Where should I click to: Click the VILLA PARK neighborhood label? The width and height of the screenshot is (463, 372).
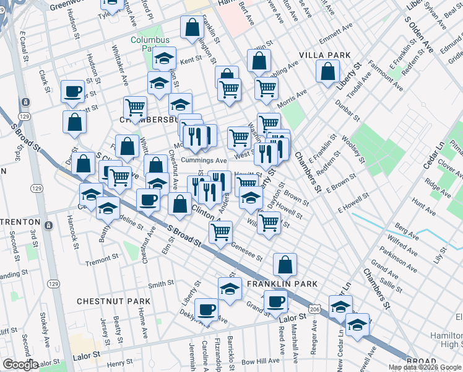tap(325, 55)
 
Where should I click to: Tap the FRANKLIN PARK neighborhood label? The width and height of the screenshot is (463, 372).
tap(282, 284)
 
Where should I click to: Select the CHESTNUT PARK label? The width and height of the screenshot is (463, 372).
tap(113, 301)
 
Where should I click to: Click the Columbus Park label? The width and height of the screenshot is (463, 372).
tap(149, 44)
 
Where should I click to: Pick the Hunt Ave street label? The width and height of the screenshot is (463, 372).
tap(424, 203)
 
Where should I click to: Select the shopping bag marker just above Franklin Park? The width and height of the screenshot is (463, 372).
tap(285, 265)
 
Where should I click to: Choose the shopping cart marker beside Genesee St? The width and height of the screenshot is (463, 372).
tap(220, 232)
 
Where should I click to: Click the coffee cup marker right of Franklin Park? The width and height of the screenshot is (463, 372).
tap(275, 303)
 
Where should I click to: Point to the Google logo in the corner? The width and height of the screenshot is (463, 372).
tap(20, 365)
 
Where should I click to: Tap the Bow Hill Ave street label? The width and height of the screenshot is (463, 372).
tap(261, 361)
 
